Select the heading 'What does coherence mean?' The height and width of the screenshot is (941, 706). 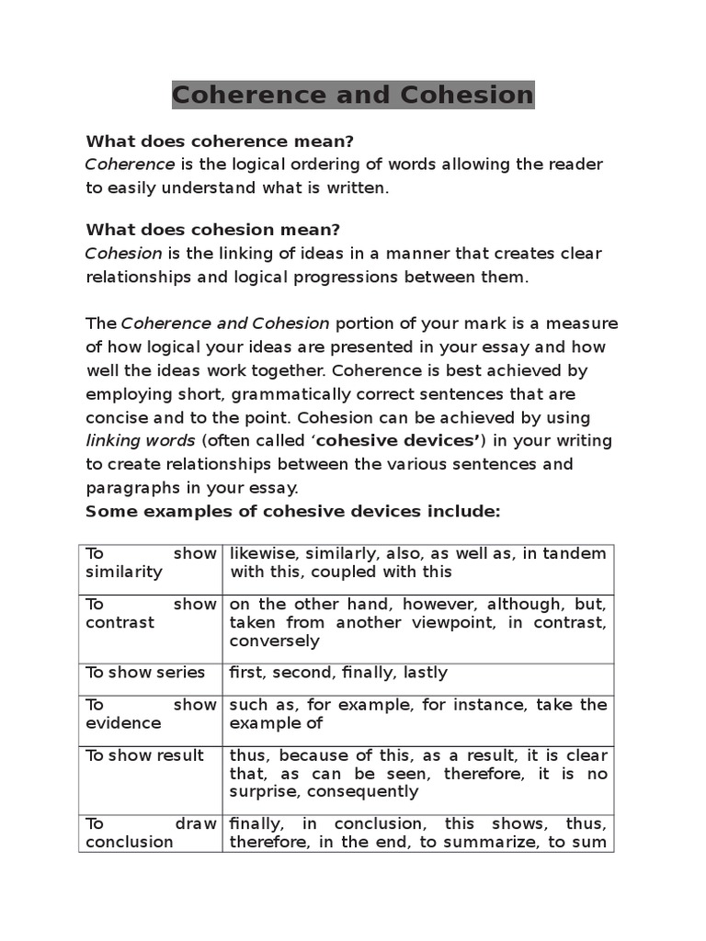(220, 141)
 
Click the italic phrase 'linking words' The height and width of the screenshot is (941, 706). (141, 440)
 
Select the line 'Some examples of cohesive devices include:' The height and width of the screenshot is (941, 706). (292, 511)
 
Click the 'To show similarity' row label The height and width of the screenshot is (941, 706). (151, 562)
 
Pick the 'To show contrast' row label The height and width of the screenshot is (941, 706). (151, 613)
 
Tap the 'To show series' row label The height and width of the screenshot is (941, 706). (145, 672)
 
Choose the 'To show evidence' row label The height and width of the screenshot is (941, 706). (151, 714)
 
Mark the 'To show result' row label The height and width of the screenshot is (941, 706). (144, 754)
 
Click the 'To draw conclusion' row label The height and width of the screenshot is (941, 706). (151, 833)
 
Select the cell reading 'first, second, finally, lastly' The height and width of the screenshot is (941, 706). (338, 672)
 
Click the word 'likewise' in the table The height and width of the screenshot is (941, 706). (259, 553)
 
